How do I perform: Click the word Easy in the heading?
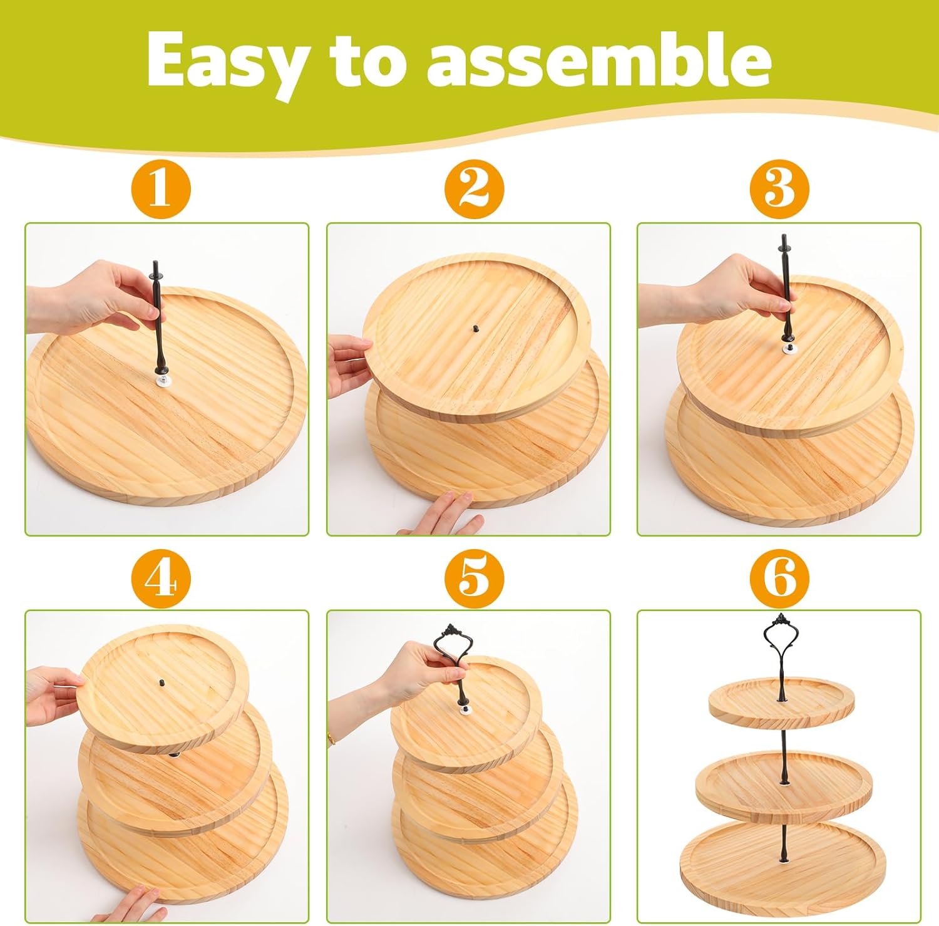tap(224, 61)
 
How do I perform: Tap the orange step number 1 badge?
tap(161, 188)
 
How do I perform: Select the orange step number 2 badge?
tap(474, 188)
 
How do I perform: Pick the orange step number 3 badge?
tap(779, 188)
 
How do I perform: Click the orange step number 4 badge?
tap(161, 579)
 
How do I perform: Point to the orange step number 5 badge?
tap(474, 579)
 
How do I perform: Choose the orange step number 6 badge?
tap(779, 579)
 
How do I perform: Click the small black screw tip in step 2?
tap(475, 327)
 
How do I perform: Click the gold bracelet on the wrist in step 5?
tap(331, 739)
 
